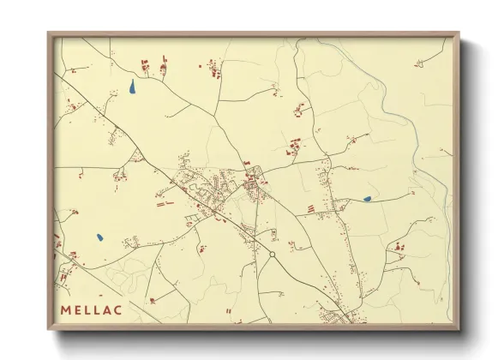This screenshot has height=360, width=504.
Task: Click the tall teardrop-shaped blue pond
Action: (x=132, y=87)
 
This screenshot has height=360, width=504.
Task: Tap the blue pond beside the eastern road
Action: (x=367, y=199)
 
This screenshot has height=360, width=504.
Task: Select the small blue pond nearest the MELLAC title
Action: (x=100, y=237)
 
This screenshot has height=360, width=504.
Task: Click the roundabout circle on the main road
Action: (x=272, y=254)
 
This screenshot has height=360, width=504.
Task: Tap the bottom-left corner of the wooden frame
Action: (x=49, y=330)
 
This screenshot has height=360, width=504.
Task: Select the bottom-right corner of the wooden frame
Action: (x=459, y=330)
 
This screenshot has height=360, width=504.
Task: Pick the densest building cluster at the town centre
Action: (x=252, y=182)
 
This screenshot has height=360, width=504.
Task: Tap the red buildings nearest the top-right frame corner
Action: (x=419, y=63)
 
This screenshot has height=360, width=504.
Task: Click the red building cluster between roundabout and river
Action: (x=398, y=248)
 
